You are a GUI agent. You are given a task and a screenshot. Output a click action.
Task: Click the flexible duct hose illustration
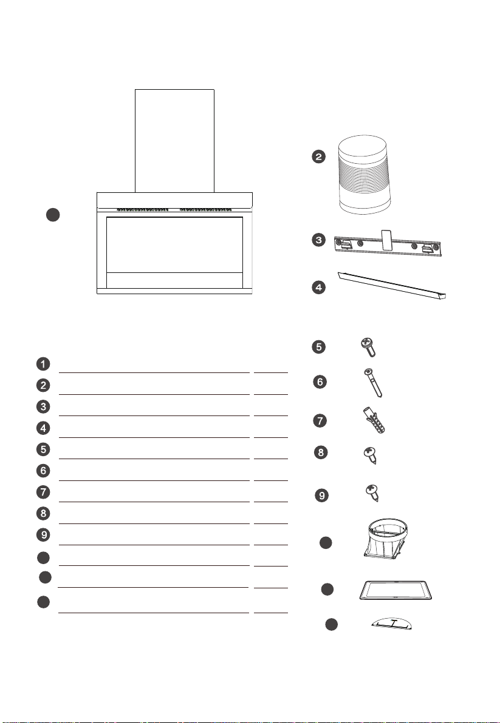click(x=363, y=174)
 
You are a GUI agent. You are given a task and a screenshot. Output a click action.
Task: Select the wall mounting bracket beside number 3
click(x=388, y=244)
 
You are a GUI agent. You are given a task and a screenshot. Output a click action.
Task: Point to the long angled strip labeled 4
click(x=392, y=286)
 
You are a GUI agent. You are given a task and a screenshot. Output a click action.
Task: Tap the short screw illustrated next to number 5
click(x=368, y=347)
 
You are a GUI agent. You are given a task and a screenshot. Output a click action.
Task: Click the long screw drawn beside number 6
click(x=373, y=383)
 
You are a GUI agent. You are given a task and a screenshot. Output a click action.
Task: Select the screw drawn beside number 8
click(x=370, y=456)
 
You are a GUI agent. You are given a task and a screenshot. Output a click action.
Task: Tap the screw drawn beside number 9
click(x=372, y=493)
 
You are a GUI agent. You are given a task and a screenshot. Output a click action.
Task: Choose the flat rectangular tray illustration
click(x=396, y=590)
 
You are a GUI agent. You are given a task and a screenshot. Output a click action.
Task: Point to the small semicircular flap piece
click(x=391, y=624)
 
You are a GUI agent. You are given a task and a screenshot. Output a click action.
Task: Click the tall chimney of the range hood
click(x=174, y=141)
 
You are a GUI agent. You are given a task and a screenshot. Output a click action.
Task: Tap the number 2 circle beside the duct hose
click(x=318, y=156)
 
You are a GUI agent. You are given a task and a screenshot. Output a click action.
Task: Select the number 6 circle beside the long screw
click(x=320, y=382)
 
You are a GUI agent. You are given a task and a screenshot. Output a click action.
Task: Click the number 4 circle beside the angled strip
click(x=318, y=288)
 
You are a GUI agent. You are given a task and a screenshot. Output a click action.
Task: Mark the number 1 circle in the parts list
click(x=43, y=364)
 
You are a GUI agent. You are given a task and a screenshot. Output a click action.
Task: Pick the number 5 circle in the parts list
click(x=43, y=449)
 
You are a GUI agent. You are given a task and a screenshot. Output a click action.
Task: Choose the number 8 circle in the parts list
click(x=43, y=513)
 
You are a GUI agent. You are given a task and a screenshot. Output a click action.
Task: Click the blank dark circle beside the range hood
click(x=53, y=215)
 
